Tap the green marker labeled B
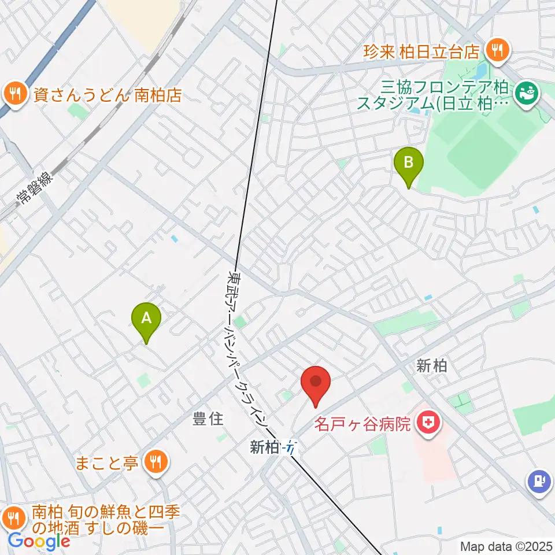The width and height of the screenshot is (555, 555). pos(408,161)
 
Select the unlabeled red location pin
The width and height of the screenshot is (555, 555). pos(316,382)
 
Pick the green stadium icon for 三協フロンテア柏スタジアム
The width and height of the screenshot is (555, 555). pos(526,91)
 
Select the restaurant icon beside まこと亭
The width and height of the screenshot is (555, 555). pos(156,461)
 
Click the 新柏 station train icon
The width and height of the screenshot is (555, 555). pos(293,447)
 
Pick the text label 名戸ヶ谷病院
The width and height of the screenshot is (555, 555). pos(363,425)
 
